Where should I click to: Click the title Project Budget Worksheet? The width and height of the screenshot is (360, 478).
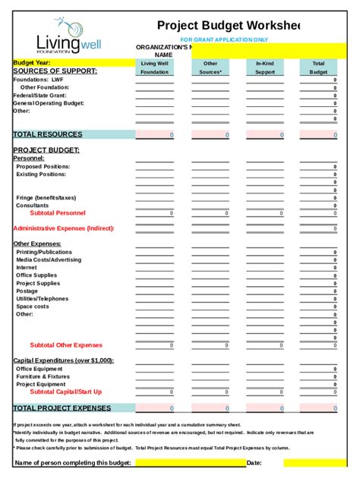tap(228, 25)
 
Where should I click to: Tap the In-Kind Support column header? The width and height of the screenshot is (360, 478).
tap(265, 68)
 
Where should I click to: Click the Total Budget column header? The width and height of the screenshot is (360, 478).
tap(318, 68)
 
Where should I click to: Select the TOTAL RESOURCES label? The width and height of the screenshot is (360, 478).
tap(47, 134)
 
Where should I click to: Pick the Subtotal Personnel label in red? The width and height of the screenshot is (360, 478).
tap(58, 213)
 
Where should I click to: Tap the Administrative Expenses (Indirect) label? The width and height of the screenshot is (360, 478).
tap(63, 228)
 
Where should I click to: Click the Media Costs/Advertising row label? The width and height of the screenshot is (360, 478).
tap(49, 259)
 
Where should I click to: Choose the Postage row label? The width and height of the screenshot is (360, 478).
tap(27, 291)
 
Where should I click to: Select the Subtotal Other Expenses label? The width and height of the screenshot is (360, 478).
tap(65, 345)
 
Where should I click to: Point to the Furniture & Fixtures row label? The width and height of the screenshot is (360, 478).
tap(43, 376)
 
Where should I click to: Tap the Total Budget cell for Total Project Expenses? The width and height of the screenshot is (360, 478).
tap(318, 408)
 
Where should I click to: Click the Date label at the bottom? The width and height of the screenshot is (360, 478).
tap(254, 462)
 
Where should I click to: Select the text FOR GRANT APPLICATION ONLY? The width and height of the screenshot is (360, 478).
tap(224, 39)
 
